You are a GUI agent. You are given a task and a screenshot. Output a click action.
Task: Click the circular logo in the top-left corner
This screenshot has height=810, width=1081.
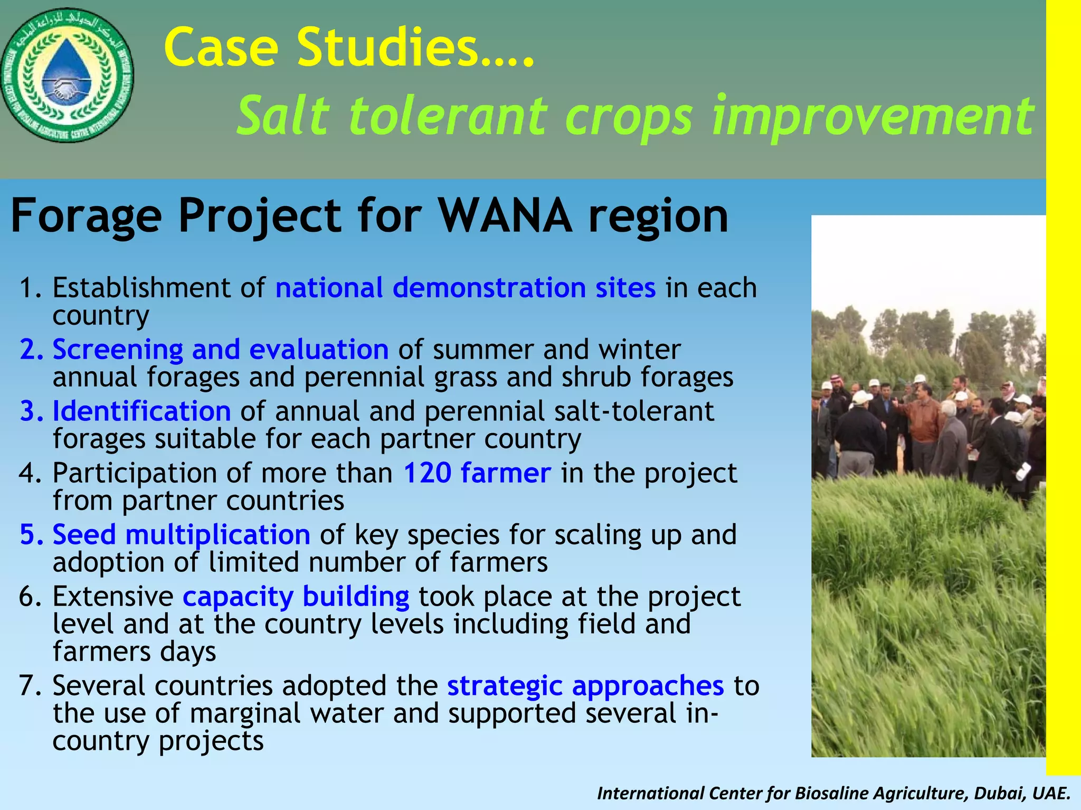tap(67, 76)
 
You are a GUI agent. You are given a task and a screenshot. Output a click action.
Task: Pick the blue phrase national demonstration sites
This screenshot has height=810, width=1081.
tap(465, 288)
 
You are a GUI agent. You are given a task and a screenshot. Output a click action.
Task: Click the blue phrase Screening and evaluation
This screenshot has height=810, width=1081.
tap(220, 350)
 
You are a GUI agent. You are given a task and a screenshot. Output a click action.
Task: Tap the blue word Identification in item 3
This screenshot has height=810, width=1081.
tap(141, 411)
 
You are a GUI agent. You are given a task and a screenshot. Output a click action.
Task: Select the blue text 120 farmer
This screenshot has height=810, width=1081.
tap(477, 473)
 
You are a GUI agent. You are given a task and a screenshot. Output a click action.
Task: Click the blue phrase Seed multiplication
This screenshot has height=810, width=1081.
tap(181, 534)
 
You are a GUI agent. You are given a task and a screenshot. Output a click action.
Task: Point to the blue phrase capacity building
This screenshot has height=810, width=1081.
tap(296, 597)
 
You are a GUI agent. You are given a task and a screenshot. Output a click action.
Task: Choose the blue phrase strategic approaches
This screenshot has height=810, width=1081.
tap(585, 686)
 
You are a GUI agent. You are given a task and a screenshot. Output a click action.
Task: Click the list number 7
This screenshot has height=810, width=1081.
tap(27, 686)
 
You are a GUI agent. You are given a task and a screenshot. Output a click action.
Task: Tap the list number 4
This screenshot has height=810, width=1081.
tap(27, 473)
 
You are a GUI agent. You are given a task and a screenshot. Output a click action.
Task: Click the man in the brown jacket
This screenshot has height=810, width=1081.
tap(924, 422)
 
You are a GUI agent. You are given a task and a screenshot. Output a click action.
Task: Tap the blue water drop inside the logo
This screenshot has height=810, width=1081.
tap(67, 69)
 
